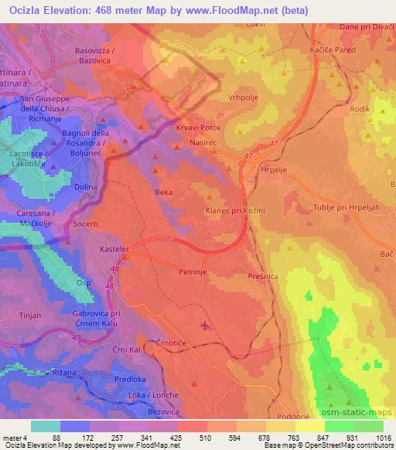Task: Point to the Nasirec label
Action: click(206, 144)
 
